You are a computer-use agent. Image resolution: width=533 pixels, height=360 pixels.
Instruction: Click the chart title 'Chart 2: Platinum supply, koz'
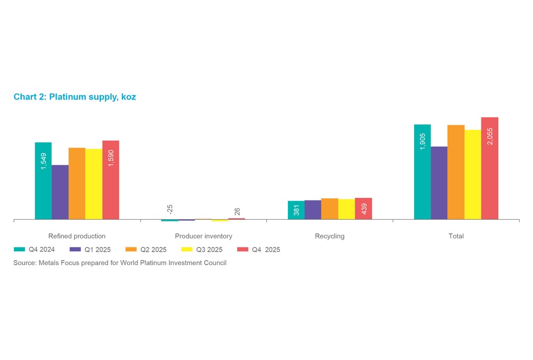pos(75,97)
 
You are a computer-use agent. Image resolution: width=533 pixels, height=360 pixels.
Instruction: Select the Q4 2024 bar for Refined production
pos(43,181)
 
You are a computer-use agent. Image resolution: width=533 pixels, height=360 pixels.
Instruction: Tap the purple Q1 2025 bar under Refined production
pos(60,192)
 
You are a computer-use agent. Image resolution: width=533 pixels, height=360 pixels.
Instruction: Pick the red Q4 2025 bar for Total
pos(489,168)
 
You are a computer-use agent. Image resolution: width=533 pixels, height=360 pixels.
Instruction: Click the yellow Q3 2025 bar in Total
pos(473,174)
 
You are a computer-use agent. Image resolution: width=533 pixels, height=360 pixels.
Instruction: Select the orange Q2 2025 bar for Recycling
pos(329,209)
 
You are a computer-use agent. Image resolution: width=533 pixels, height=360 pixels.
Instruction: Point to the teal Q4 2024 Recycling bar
pos(296,210)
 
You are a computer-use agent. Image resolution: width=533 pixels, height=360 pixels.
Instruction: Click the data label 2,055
pos(490,135)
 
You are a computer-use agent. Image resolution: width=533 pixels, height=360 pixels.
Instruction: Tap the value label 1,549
pos(44,162)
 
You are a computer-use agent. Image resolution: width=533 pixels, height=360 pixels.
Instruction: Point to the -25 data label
pos(170,209)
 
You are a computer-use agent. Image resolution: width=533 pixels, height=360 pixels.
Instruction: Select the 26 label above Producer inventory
pos(237,212)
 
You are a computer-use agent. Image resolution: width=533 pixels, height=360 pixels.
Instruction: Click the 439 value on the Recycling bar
pos(364,209)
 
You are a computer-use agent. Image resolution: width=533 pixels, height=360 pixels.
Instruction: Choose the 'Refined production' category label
pos(77,236)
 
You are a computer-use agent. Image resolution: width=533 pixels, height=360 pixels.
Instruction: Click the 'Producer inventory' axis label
pos(204,236)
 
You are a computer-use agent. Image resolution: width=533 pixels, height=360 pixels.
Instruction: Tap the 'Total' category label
pos(456,236)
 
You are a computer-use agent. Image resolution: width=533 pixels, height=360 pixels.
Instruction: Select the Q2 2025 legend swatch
pos(131,249)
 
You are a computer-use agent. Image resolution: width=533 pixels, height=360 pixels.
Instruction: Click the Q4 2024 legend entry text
pos(43,250)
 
